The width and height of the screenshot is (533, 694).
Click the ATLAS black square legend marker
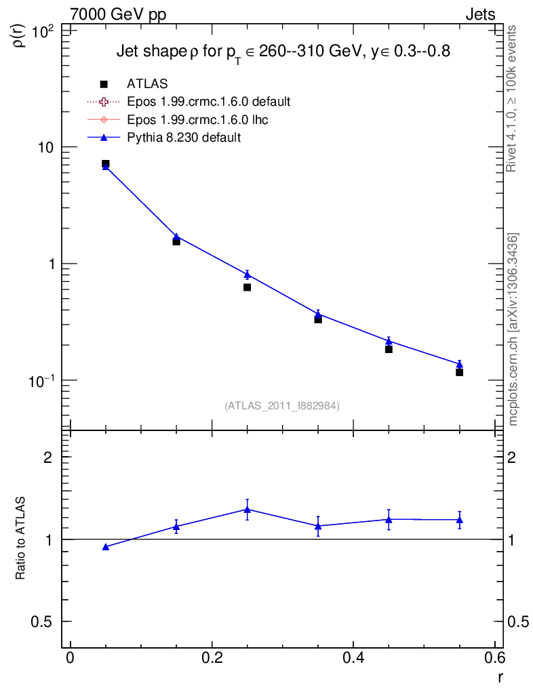click(104, 84)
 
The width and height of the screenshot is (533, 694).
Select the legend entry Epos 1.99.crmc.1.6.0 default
click(209, 102)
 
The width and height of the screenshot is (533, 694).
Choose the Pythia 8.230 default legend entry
click(184, 137)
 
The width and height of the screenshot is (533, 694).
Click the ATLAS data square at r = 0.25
click(248, 287)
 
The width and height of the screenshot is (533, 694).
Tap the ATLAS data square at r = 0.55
click(460, 372)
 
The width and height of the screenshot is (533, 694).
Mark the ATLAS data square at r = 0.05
click(106, 164)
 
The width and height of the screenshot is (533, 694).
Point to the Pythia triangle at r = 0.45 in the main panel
click(389, 341)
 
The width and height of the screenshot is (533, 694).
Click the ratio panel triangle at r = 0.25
click(248, 509)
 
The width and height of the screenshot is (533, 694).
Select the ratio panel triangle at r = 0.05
click(106, 546)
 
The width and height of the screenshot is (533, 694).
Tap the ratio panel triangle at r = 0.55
click(460, 520)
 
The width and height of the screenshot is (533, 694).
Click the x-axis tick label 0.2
click(212, 659)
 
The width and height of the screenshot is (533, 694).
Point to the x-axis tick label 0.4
click(353, 659)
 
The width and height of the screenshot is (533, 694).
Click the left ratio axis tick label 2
click(48, 457)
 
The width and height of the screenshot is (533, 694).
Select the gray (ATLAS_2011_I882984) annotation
click(282, 405)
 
